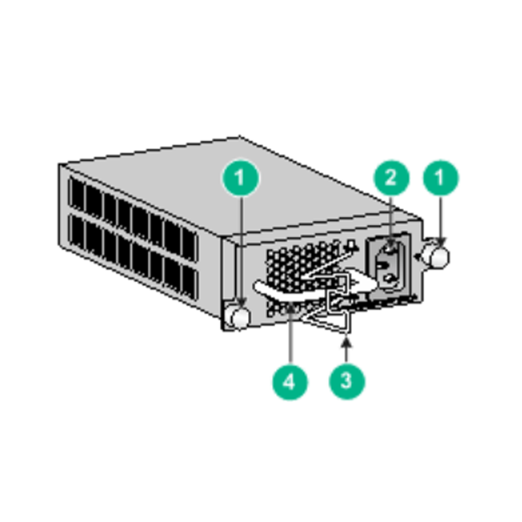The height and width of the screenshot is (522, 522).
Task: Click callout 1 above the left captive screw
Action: tap(241, 177)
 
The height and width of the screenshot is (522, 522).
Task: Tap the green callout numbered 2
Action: tap(390, 177)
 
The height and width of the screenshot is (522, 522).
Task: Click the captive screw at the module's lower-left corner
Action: tap(239, 317)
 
